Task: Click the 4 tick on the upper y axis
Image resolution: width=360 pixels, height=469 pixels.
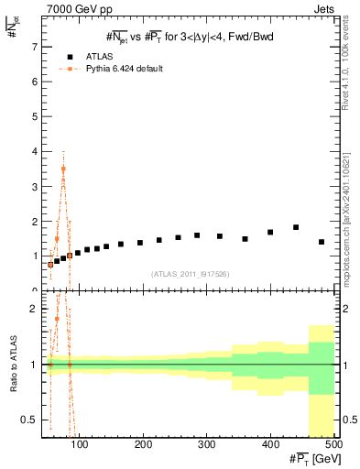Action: click(35, 151)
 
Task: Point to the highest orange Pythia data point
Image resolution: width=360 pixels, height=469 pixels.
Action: click(63, 169)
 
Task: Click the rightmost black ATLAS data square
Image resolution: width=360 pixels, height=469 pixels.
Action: click(321, 242)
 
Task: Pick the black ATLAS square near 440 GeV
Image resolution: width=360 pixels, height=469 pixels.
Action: click(296, 227)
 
